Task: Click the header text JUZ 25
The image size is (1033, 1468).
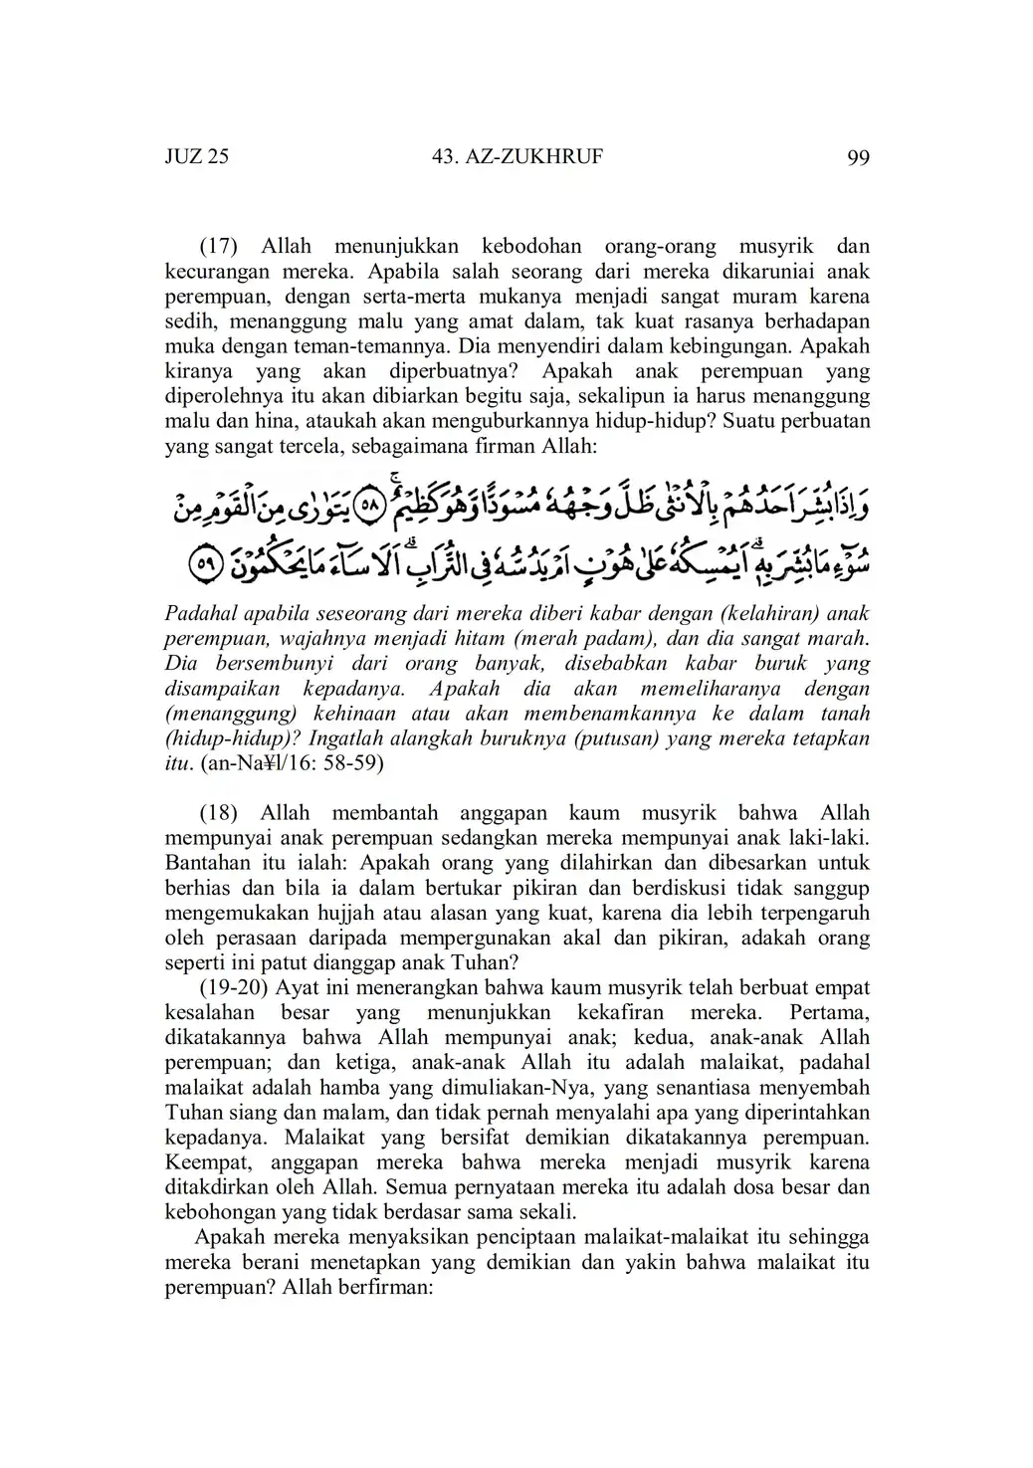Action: [196, 156]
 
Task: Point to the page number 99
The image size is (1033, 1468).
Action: [858, 157]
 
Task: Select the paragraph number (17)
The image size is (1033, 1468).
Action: [220, 246]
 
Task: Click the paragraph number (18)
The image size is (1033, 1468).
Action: [220, 813]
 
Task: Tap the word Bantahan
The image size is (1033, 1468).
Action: [209, 863]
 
